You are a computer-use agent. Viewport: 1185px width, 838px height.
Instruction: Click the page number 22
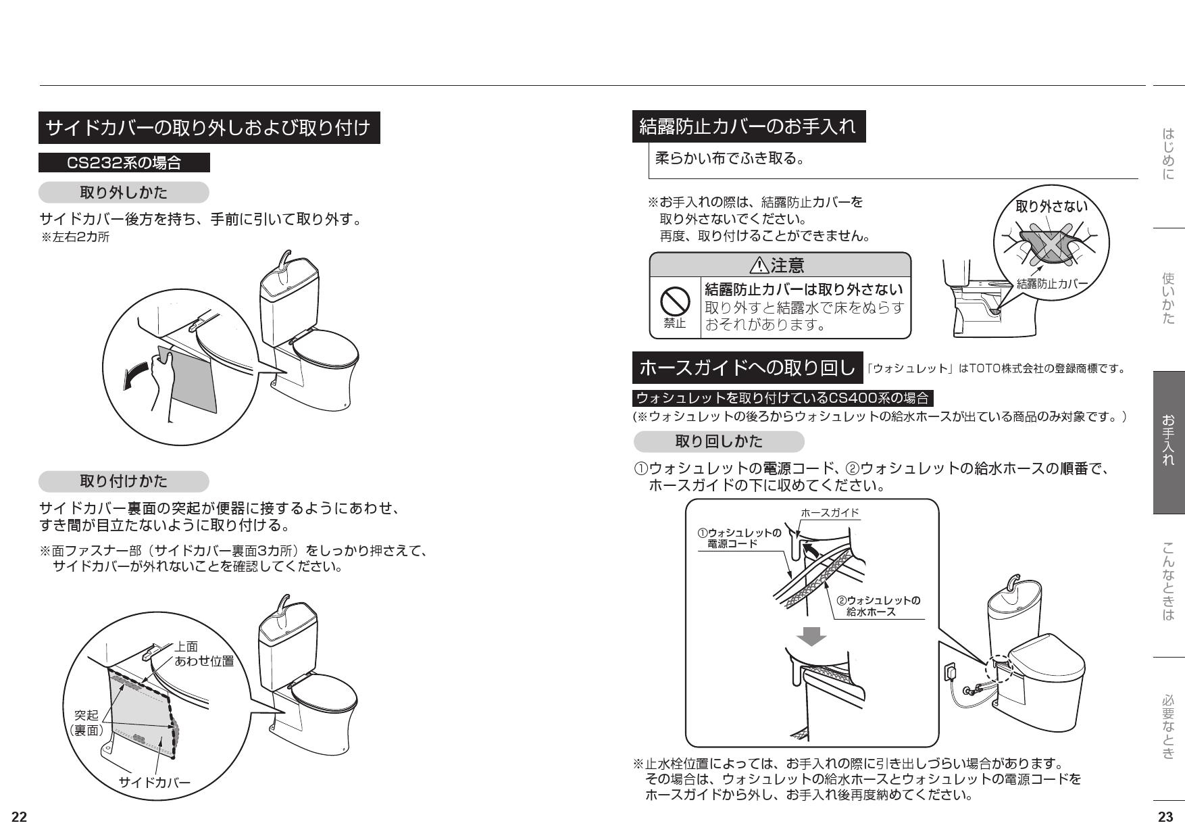19,817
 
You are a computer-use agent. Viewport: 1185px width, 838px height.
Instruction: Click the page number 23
1165,817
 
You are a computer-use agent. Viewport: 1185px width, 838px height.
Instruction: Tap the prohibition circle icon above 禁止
674,301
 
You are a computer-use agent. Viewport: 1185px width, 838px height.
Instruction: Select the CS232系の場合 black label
124,163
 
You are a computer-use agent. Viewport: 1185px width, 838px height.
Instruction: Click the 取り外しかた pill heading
124,193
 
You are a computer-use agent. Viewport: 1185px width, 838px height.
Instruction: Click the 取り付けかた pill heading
124,481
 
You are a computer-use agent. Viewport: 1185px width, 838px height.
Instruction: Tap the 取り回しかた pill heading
719,441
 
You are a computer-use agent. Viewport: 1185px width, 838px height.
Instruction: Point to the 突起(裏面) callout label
86,722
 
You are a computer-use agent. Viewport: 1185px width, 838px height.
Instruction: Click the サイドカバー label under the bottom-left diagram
155,783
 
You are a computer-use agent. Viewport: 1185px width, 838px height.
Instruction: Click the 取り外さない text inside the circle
1051,206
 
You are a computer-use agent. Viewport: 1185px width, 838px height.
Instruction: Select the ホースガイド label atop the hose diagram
830,512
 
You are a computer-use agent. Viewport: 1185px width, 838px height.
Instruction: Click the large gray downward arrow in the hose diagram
811,636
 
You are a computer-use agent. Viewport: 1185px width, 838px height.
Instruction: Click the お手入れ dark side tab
1168,442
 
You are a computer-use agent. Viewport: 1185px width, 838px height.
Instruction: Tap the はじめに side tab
1168,154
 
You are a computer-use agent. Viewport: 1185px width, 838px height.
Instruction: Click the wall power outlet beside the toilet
949,671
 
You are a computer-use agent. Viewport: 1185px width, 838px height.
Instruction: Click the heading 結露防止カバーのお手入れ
748,126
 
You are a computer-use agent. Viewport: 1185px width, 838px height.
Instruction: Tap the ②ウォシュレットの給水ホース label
877,606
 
